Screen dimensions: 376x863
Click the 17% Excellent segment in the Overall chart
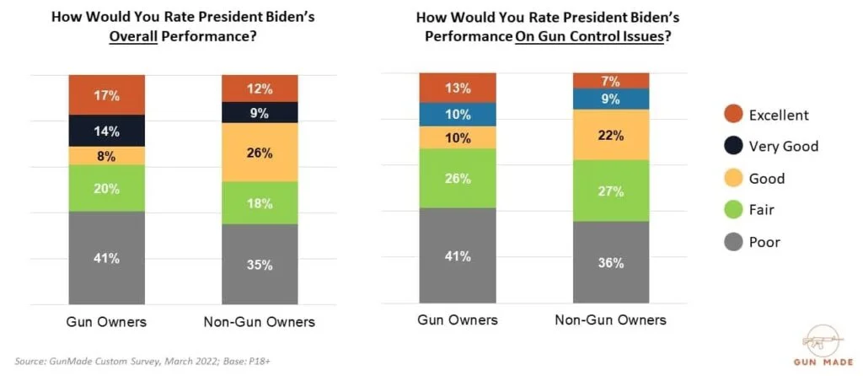(106, 95)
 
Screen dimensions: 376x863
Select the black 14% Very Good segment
(106, 131)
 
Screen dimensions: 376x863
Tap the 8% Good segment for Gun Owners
(106, 156)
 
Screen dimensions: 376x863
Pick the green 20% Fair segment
(106, 188)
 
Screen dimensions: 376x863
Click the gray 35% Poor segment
(260, 264)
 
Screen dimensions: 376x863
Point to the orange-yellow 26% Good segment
(260, 153)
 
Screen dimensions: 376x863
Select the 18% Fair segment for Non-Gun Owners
(260, 202)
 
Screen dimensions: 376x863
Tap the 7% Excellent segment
(611, 81)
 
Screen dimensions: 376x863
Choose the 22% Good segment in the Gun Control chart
(611, 134)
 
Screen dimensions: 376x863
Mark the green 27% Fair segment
(611, 191)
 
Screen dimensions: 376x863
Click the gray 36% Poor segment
(611, 262)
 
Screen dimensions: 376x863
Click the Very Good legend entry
(771, 147)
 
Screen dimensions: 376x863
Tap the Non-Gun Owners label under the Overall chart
(260, 321)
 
